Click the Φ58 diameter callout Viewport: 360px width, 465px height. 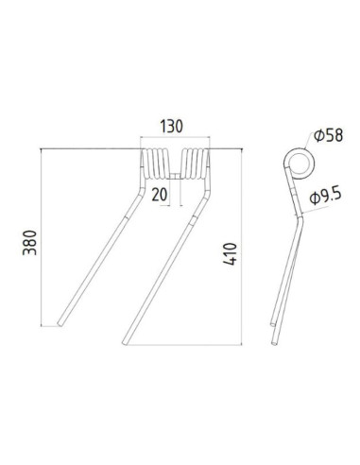pyautogui.click(x=325, y=136)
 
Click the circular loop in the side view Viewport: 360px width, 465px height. pyautogui.click(x=298, y=160)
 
